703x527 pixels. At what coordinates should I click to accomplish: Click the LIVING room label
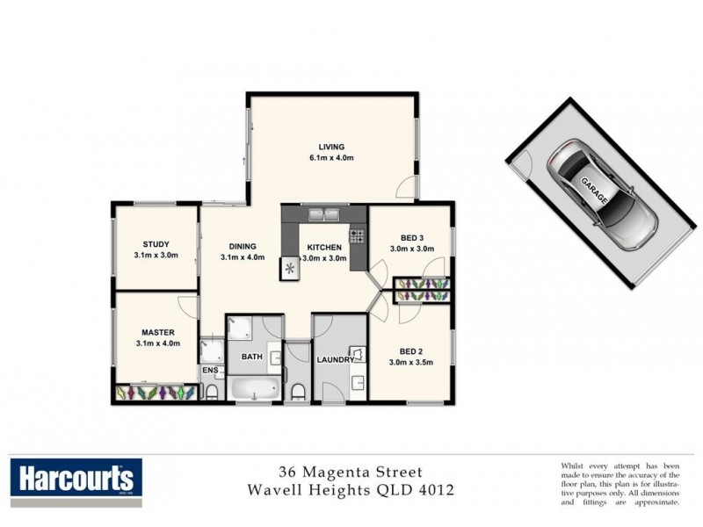click(331, 147)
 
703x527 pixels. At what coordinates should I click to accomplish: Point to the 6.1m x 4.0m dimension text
click(331, 158)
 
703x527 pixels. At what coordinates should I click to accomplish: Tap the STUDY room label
click(156, 244)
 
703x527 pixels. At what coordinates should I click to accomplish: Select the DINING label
click(241, 246)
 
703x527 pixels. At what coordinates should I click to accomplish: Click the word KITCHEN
click(323, 248)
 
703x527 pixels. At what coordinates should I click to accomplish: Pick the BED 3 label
click(411, 238)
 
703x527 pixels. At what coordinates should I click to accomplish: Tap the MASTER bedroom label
click(158, 332)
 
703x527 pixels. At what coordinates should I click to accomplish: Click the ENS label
click(209, 371)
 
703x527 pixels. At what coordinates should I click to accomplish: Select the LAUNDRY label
click(336, 360)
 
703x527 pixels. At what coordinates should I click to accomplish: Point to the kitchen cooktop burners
click(357, 235)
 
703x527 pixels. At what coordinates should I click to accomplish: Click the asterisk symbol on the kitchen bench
click(289, 269)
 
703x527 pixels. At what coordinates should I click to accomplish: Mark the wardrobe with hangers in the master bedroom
click(156, 393)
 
